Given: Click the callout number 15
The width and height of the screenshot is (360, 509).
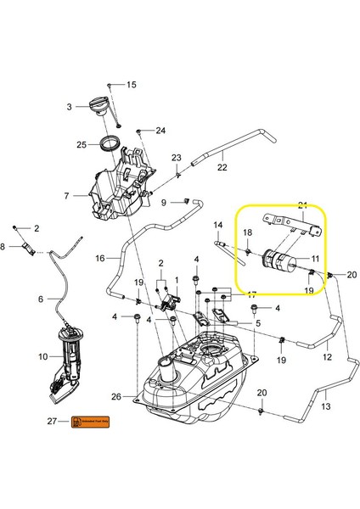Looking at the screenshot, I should tap(132, 86).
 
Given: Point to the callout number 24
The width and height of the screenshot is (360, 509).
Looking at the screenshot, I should tap(160, 131).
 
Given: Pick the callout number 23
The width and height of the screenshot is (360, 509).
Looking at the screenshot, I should tap(177, 159).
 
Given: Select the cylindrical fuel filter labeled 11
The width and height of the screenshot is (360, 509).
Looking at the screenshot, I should tap(279, 260).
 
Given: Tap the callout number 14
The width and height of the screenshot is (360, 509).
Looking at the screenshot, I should tap(217, 225).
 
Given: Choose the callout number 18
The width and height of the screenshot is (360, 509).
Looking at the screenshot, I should tap(248, 232).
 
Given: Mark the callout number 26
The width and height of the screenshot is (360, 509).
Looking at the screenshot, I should tap(116, 396).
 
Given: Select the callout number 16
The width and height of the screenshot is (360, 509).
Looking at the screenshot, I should tap(99, 258).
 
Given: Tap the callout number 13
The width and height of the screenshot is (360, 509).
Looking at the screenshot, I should tap(326, 408).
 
